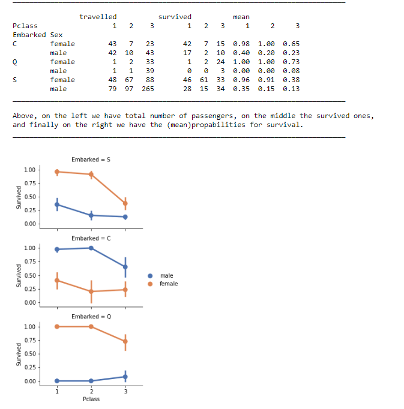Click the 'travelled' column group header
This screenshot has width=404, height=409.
coord(98,17)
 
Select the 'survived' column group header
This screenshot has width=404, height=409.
coord(175,17)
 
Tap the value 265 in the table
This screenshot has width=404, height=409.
coord(148,89)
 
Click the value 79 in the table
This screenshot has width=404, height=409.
coord(112,89)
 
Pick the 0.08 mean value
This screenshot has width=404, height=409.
coord(291,71)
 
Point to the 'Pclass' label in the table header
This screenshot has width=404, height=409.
coord(25,26)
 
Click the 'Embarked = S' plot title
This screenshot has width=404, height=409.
coord(91,160)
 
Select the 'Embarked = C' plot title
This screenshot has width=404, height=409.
coord(91,238)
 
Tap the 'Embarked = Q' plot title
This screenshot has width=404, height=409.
coord(91,316)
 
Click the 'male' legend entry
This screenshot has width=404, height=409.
coord(166,275)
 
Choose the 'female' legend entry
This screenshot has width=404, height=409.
coord(168,284)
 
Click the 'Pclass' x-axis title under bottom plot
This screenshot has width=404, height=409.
coord(91,399)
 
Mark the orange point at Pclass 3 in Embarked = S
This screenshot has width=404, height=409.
coord(125,203)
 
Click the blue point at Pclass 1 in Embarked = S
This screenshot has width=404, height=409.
coord(57,204)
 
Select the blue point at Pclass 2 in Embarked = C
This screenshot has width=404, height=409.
coord(91,248)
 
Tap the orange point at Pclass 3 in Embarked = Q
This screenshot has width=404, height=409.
coord(125,341)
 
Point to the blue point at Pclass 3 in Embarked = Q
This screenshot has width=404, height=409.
coord(125,377)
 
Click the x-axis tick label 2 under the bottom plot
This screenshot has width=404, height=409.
coord(91,392)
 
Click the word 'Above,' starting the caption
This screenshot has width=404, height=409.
coord(24,116)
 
